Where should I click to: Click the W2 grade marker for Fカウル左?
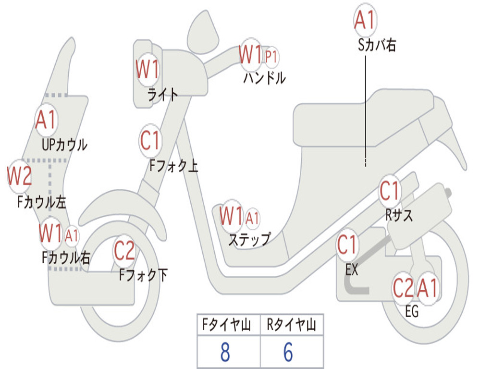click(19, 176)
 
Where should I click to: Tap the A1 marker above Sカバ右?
click(365, 19)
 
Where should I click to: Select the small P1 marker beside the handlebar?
click(271, 58)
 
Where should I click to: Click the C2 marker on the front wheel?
click(124, 251)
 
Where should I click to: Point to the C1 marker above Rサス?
click(389, 191)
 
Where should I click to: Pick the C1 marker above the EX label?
click(347, 245)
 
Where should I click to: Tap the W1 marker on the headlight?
click(148, 69)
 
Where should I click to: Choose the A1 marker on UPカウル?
click(46, 120)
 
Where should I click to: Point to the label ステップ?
click(250, 240)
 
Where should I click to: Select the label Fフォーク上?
click(173, 165)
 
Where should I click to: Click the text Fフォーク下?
click(143, 275)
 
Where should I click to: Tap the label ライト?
click(163, 94)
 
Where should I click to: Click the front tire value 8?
click(225, 352)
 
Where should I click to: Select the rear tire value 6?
click(288, 352)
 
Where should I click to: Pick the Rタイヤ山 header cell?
click(292, 325)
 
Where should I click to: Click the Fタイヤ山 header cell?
click(229, 325)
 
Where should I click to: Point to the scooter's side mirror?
click(203, 31)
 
